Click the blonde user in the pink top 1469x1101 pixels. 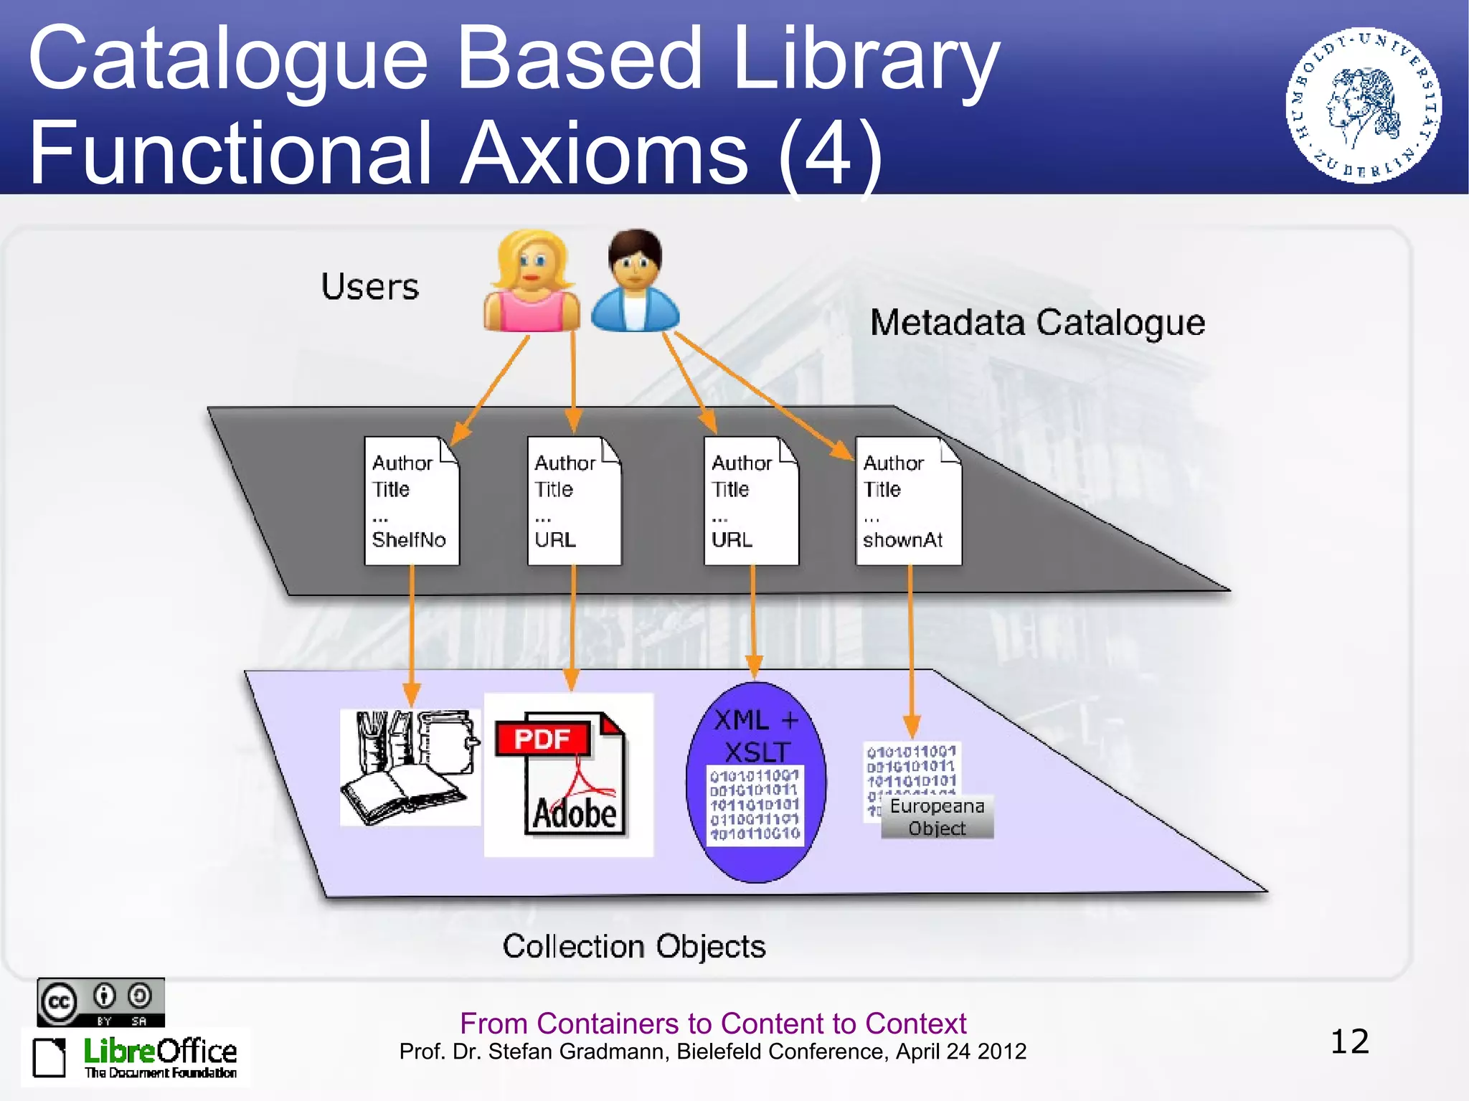532,282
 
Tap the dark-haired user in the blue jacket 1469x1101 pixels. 635,282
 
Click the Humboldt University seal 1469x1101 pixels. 1364,106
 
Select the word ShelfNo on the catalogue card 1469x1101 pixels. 409,539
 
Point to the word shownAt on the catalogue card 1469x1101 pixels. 902,539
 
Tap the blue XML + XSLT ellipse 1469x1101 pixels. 756,782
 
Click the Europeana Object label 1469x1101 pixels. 937,817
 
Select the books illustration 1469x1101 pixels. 410,767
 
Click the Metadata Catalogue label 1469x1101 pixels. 1037,323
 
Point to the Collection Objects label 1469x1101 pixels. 634,946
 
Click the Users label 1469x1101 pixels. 369,287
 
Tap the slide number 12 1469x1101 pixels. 1349,1041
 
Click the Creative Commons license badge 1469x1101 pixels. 101,1002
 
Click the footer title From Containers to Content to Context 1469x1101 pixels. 713,1023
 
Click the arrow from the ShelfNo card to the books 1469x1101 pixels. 412,631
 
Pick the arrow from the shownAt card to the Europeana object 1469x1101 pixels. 911,646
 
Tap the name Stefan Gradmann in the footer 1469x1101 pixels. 577,1052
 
